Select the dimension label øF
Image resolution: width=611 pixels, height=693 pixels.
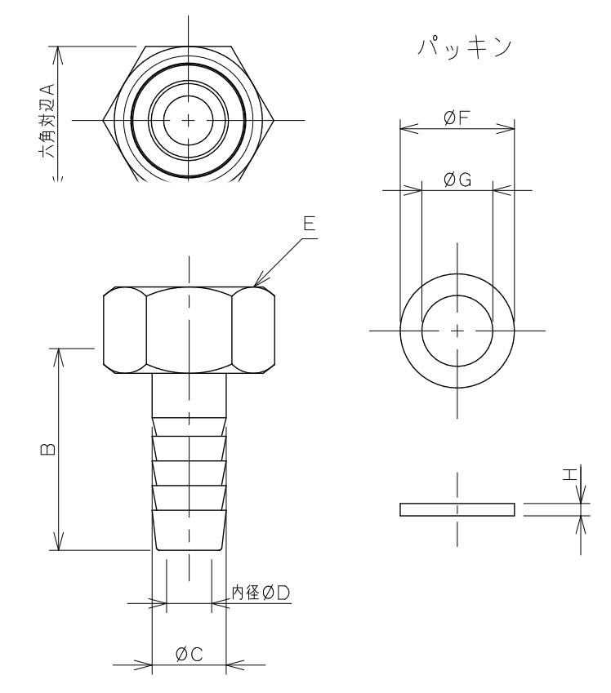(457, 119)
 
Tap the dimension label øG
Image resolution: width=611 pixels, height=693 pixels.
(457, 181)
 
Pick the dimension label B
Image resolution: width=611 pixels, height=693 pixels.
(48, 448)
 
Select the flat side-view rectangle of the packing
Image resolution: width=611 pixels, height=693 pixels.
(457, 509)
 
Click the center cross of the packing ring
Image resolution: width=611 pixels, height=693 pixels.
(457, 331)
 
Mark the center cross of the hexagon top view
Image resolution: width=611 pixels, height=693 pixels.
(189, 120)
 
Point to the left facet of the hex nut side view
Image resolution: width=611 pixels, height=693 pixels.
(125, 330)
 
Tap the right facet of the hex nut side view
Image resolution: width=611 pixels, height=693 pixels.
(252, 330)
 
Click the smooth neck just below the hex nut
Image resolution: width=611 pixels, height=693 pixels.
(189, 395)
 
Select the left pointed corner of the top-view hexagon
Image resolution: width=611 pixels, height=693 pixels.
(103, 121)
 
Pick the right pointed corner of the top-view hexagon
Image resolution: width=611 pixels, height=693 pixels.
(274, 121)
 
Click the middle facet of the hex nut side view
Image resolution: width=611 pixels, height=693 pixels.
(189, 330)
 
